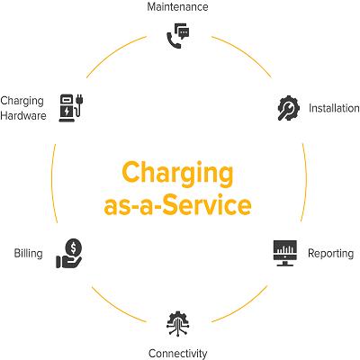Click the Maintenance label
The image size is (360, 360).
click(x=177, y=7)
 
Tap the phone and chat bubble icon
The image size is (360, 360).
click(x=178, y=36)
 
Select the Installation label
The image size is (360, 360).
click(x=334, y=108)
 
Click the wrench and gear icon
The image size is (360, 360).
click(x=288, y=108)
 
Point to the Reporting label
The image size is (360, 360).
click(x=330, y=254)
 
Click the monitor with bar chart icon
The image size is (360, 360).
click(x=285, y=253)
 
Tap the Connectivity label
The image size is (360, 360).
click(x=177, y=354)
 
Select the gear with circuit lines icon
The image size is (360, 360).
click(x=178, y=323)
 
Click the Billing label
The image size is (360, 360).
click(x=28, y=253)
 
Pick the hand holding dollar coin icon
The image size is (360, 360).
click(x=69, y=253)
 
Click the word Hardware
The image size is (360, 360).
click(x=23, y=116)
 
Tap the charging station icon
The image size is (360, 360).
click(x=71, y=108)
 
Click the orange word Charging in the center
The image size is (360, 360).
click(x=177, y=174)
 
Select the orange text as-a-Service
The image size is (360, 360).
click(x=177, y=205)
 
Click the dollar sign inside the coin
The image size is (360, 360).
click(x=73, y=247)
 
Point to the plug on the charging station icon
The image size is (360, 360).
click(x=79, y=100)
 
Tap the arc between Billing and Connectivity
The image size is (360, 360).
click(x=116, y=307)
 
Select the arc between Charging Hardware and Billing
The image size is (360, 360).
click(x=51, y=184)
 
